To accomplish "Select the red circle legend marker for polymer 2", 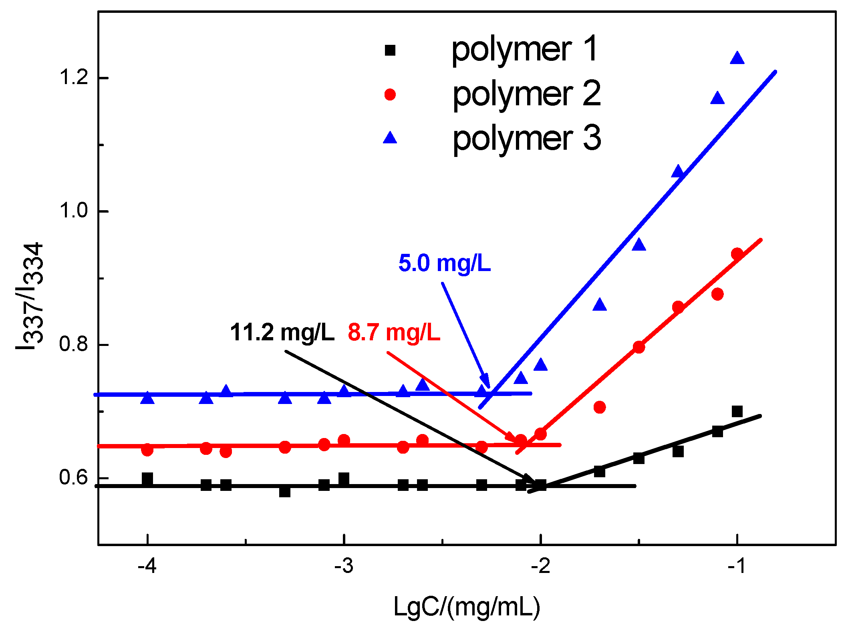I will pos(390,94).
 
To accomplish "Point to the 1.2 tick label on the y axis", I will pos(73,77).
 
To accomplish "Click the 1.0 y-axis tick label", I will pos(73,211).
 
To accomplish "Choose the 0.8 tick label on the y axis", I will pos(73,344).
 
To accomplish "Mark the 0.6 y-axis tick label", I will pos(73,477).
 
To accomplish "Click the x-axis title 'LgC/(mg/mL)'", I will pos(467,607).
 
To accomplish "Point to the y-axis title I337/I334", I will pos(30,296).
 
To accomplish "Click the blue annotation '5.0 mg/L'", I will pos(445,264).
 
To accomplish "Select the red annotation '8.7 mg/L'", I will pos(394,333).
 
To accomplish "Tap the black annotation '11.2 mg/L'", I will pos(282,333).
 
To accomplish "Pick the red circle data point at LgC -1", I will pos(737,254).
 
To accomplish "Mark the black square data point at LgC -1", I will pos(737,411).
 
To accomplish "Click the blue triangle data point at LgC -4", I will pos(147,398).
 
